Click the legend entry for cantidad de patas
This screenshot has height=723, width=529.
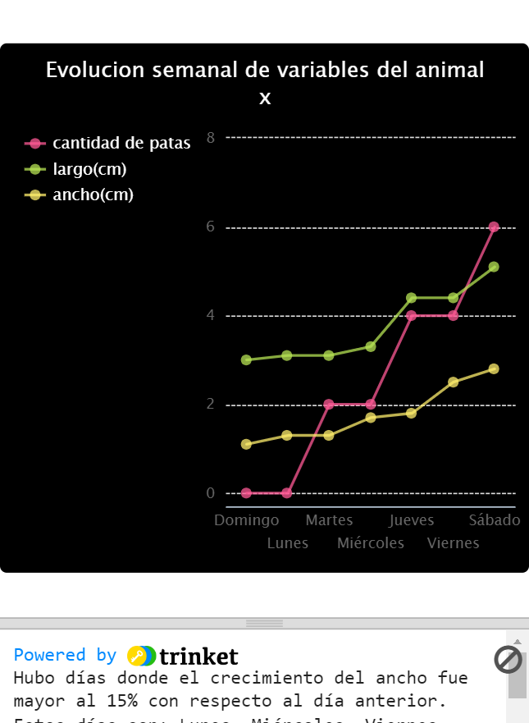click(x=121, y=144)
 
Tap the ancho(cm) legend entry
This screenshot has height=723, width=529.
click(x=92, y=195)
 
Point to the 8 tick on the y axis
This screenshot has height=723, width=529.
click(x=211, y=137)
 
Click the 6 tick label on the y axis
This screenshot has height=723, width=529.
click(x=211, y=227)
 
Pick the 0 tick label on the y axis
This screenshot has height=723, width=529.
click(x=211, y=493)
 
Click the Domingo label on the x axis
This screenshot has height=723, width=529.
click(x=246, y=520)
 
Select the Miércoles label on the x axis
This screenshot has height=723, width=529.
click(x=371, y=543)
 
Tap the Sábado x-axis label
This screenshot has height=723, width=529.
click(x=495, y=520)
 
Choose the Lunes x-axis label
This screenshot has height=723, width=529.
click(x=288, y=543)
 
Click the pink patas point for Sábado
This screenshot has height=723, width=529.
click(x=494, y=227)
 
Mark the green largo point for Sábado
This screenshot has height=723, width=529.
click(x=494, y=267)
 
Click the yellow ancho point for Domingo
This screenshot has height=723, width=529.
click(x=246, y=444)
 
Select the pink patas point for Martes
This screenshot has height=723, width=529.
click(x=329, y=404)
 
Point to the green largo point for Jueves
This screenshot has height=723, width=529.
click(x=411, y=298)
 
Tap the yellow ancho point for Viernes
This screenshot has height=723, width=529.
click(x=453, y=382)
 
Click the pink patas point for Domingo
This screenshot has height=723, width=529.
click(x=246, y=493)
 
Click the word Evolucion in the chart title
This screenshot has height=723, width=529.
click(x=96, y=71)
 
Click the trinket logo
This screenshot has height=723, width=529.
click(x=183, y=656)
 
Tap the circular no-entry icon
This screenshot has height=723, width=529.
click(x=508, y=659)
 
